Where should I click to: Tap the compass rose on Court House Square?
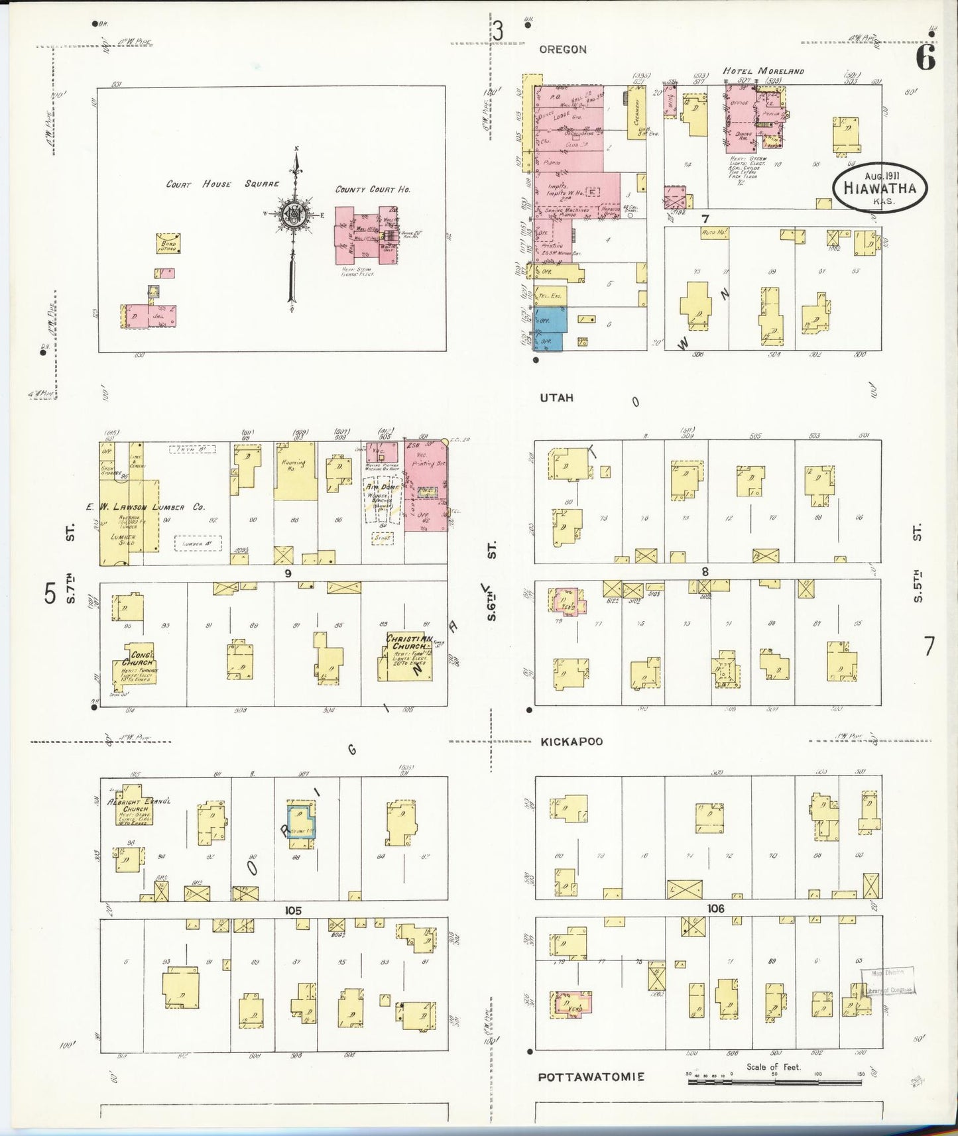click(x=292, y=214)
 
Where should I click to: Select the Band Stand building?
click(x=168, y=243)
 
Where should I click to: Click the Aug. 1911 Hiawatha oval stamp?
click(x=880, y=188)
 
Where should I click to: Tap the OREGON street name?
click(x=562, y=49)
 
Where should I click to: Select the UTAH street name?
click(x=556, y=398)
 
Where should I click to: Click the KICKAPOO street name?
click(x=571, y=742)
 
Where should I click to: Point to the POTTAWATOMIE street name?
click(x=591, y=1077)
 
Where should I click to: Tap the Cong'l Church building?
click(x=139, y=662)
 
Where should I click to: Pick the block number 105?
click(x=292, y=911)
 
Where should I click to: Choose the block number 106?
click(x=715, y=909)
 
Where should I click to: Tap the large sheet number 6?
click(x=926, y=59)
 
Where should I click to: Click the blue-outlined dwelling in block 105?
click(x=301, y=820)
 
